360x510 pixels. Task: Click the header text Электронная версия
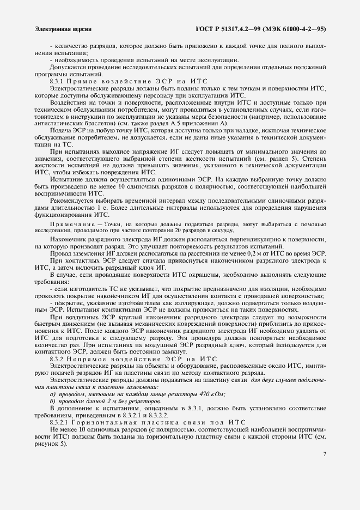[x=62, y=29]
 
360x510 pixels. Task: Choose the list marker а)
[x=52, y=394]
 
